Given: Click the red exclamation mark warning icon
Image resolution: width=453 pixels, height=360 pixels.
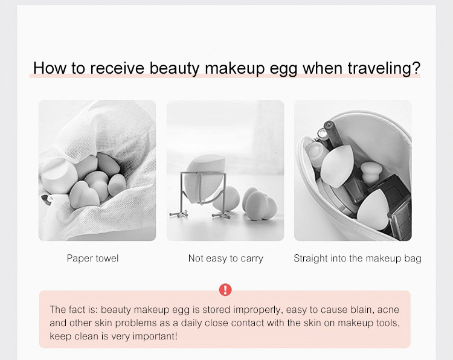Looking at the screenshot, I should coord(225,290).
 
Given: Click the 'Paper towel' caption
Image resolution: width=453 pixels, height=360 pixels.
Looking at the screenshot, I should coord(92,259).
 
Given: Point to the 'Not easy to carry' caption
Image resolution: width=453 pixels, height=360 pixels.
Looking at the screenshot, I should coord(225,259).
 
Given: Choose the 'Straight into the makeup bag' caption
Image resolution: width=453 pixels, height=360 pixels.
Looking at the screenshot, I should coord(357,259).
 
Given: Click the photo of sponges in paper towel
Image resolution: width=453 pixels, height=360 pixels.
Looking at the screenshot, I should coord(97,170).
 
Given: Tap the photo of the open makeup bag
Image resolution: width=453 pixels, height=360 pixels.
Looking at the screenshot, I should coord(353,170).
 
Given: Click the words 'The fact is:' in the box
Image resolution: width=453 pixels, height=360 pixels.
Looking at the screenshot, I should coord(69,309).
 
